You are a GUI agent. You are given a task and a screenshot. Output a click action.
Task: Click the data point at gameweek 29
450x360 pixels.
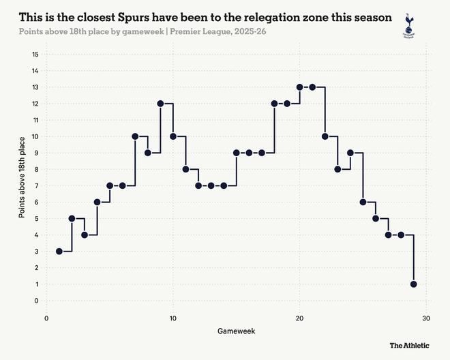coord(414,284)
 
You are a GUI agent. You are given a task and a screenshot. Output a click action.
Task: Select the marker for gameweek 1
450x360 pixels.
coord(59,251)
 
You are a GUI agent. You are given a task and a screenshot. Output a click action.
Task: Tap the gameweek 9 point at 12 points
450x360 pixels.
coord(160,104)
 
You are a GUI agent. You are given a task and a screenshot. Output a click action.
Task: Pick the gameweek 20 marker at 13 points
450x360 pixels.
coord(300,87)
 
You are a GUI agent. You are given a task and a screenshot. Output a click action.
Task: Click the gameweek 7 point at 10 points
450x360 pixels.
coord(135,136)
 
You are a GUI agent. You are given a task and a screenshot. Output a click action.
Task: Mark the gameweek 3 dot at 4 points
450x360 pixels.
coord(85,235)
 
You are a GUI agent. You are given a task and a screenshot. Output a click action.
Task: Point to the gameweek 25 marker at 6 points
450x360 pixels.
coord(363,202)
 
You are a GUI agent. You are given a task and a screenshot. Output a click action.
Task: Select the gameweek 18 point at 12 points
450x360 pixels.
coord(274,104)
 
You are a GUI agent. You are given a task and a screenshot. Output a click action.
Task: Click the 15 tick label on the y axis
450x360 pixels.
coord(35,55)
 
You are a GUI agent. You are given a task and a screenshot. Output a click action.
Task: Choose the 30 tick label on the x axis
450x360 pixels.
coord(426,318)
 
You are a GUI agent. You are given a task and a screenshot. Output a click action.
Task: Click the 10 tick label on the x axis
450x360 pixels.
coord(173,318)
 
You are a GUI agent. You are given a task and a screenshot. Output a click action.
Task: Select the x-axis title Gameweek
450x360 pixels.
coord(236,331)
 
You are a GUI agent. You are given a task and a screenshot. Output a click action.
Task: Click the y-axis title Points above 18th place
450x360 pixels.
coord(22,177)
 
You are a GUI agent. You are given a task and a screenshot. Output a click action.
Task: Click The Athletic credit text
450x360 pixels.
coord(409,346)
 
